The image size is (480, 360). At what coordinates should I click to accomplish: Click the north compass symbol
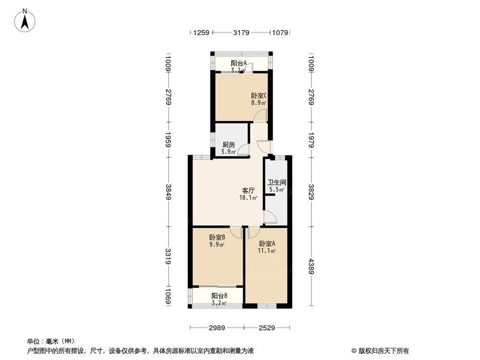25,21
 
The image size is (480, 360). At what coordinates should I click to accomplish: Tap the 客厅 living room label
248,190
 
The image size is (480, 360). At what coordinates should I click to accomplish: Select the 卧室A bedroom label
266,243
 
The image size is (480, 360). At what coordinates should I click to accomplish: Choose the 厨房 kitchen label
228,145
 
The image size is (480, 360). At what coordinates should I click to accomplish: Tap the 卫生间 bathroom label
277,182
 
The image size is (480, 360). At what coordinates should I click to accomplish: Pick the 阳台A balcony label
239,63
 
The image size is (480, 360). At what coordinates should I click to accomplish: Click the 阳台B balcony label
219,296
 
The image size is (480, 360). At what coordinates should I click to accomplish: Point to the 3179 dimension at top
241,33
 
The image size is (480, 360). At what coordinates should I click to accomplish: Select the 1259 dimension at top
202,33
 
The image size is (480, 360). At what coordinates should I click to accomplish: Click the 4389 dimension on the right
311,265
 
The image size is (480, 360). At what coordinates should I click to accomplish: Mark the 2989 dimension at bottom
217,328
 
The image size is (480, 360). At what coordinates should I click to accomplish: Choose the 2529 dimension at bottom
266,328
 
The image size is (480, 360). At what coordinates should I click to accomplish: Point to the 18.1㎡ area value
248,197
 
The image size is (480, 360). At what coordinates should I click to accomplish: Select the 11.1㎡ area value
267,251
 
